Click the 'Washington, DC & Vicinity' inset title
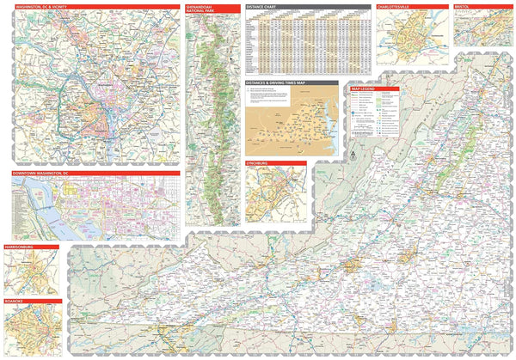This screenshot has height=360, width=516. [x=38, y=6]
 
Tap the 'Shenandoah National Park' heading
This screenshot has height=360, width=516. [x=202, y=9]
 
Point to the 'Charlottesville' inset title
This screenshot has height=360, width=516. [x=396, y=6]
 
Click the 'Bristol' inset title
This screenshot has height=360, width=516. [x=465, y=6]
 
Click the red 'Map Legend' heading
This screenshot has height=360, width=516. [x=365, y=88]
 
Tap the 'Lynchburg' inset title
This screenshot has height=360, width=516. [x=263, y=163]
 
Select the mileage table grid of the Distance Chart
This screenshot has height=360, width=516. [x=305, y=43]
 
